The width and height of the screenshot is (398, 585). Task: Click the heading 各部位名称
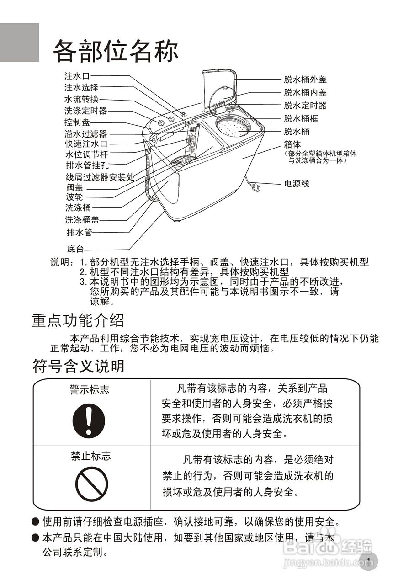pyautogui.click(x=115, y=50)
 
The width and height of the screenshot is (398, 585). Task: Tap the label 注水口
pyautogui.click(x=77, y=75)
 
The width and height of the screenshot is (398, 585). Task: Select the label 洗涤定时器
pyautogui.click(x=85, y=110)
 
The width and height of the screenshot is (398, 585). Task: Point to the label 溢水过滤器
pyautogui.click(x=85, y=134)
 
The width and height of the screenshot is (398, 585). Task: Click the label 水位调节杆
pyautogui.click(x=85, y=154)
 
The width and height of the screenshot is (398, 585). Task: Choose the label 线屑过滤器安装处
pyautogui.click(x=100, y=177)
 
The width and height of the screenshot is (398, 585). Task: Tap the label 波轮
pyautogui.click(x=74, y=197)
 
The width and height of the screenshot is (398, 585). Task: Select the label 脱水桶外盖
pyautogui.click(x=305, y=80)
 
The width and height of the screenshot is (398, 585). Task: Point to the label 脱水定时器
pyautogui.click(x=305, y=106)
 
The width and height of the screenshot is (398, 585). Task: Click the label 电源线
pyautogui.click(x=297, y=184)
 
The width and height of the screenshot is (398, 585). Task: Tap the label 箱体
pyautogui.click(x=292, y=145)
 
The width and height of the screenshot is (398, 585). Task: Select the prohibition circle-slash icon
pyautogui.click(x=91, y=484)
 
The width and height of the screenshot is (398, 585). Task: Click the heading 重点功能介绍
pyautogui.click(x=78, y=320)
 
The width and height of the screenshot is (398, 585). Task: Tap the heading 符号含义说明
pyautogui.click(x=78, y=366)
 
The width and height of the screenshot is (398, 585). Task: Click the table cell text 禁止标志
pyautogui.click(x=90, y=456)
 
